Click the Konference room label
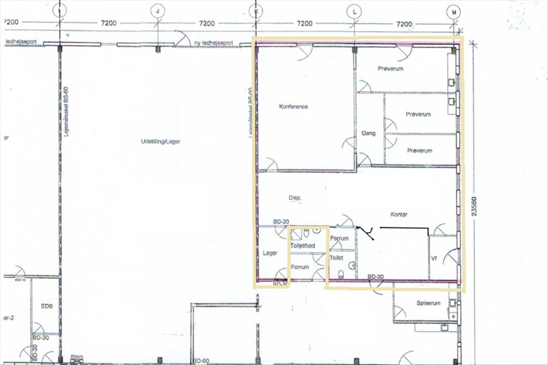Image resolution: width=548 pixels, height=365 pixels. tap(293, 106)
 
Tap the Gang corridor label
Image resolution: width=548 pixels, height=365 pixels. tap(368, 133)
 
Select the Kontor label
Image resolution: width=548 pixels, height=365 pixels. tap(399, 214)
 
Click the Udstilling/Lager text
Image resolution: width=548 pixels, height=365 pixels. tap(160, 142)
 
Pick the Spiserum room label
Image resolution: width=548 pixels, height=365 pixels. tap(428, 303)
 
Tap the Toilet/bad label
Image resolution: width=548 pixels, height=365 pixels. tap(303, 246)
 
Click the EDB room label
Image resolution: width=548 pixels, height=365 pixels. tap(47, 307)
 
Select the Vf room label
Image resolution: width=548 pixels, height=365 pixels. tap(434, 259)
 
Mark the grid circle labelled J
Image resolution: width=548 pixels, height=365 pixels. tap(159, 11)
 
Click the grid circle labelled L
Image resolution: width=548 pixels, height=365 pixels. tap(354, 11)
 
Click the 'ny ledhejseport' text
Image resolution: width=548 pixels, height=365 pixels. tap(213, 44)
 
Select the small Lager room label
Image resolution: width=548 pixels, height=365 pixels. tap(269, 253)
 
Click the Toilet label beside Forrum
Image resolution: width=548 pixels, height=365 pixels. tap(336, 258)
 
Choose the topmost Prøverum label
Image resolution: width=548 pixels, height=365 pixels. tap(390, 68)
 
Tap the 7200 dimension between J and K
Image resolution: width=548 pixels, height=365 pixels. tap(207, 23)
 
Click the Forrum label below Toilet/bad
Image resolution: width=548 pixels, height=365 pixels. tap(299, 267)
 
